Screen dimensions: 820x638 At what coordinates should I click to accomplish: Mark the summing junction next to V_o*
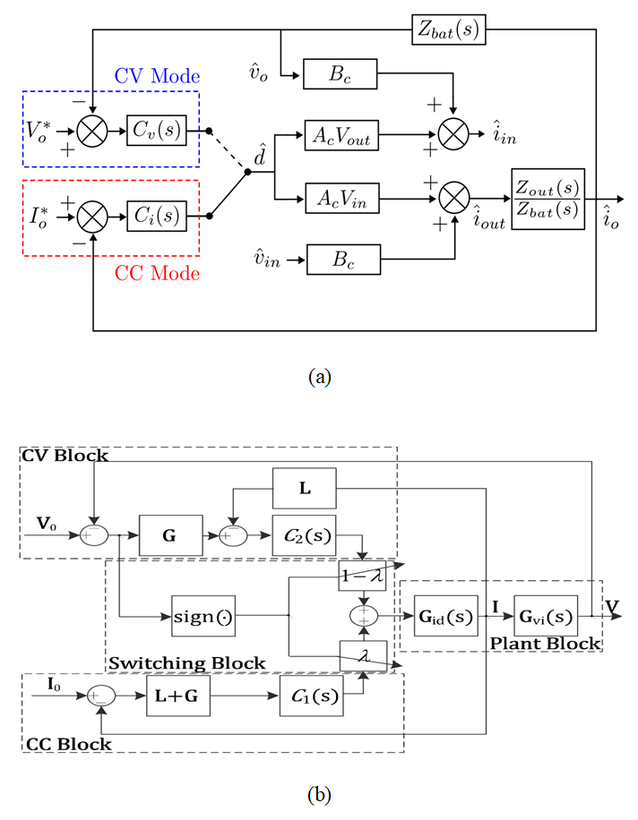(x=92, y=131)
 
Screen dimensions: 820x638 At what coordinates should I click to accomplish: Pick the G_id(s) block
(x=446, y=616)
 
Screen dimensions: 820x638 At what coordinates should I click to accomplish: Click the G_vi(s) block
(x=546, y=616)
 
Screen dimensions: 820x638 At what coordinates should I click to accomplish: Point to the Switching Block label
(x=186, y=663)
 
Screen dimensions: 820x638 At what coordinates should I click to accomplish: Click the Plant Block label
(x=547, y=644)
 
